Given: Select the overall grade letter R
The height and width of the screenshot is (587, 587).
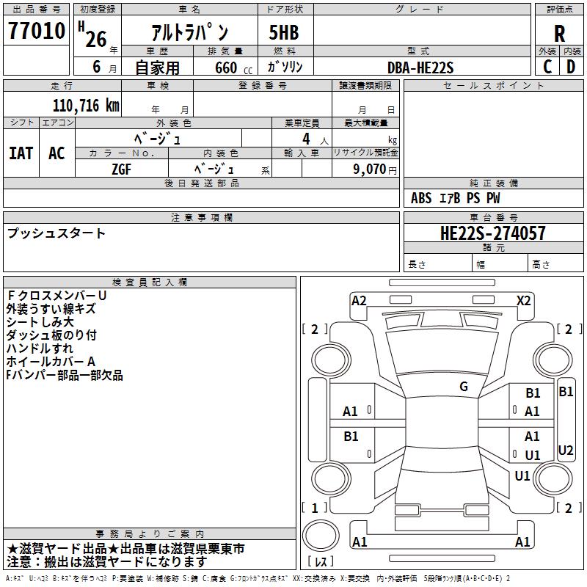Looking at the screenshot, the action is pyautogui.click(x=559, y=33).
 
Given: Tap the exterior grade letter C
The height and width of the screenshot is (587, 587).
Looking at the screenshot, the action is pyautogui.click(x=547, y=67).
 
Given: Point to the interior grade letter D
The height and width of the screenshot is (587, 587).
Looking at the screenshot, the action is pyautogui.click(x=571, y=67).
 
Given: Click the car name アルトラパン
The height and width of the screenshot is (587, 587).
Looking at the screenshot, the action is pyautogui.click(x=189, y=32).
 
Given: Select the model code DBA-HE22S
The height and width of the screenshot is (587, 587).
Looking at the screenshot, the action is pyautogui.click(x=421, y=68).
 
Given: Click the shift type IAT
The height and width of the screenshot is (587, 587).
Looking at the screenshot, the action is pyautogui.click(x=21, y=153).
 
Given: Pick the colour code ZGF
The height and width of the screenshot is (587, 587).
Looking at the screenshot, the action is pyautogui.click(x=122, y=168).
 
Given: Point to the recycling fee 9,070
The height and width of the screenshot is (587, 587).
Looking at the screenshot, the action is pyautogui.click(x=370, y=169).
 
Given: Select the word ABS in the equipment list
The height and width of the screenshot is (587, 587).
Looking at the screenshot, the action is pyautogui.click(x=421, y=198).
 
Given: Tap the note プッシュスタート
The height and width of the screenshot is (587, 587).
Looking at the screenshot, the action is pyautogui.click(x=56, y=233).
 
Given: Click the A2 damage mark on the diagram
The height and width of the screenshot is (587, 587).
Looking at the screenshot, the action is pyautogui.click(x=359, y=300).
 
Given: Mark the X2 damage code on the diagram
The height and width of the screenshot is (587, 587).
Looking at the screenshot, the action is pyautogui.click(x=523, y=300).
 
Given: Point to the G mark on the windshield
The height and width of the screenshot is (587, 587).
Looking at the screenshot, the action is pyautogui.click(x=464, y=387).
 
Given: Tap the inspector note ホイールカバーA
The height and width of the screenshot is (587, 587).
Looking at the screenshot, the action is pyautogui.click(x=51, y=362).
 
